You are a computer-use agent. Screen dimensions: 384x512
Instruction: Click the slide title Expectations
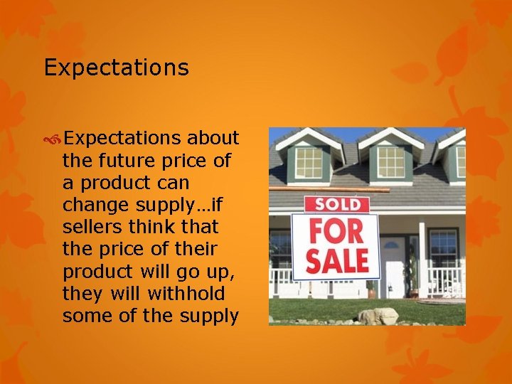tap(116, 68)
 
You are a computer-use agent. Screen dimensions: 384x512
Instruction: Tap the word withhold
tap(189, 294)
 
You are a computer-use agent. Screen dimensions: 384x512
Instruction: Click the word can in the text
tap(169, 183)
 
